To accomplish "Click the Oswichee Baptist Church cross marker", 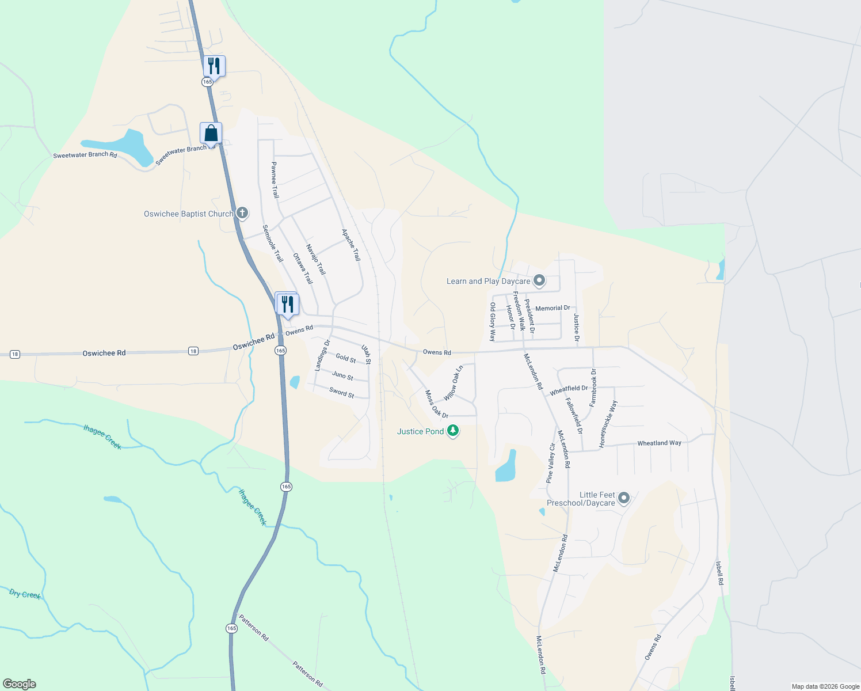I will click(x=242, y=214).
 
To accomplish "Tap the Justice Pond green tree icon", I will click(x=453, y=431).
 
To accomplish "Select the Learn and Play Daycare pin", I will click(x=539, y=281).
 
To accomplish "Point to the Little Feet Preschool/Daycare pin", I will click(x=624, y=498).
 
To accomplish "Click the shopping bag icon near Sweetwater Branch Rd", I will click(x=211, y=133).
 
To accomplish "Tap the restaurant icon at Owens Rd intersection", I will click(x=287, y=304).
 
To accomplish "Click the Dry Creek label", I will click(x=25, y=594).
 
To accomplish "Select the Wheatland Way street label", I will click(x=659, y=443).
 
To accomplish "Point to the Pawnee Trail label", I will click(x=275, y=180).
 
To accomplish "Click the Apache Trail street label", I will click(x=351, y=245).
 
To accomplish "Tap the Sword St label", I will click(x=341, y=393).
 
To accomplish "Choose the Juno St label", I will click(x=342, y=376).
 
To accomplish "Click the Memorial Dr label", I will click(x=553, y=308).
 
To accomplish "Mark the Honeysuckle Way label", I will click(x=608, y=424).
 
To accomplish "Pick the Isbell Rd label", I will click(x=719, y=573).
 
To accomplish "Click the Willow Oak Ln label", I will click(x=453, y=384).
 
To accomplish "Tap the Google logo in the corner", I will click(x=19, y=684).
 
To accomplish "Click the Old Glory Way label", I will click(x=493, y=322).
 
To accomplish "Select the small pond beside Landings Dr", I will click(x=295, y=382).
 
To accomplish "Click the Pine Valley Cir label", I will click(x=551, y=463).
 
